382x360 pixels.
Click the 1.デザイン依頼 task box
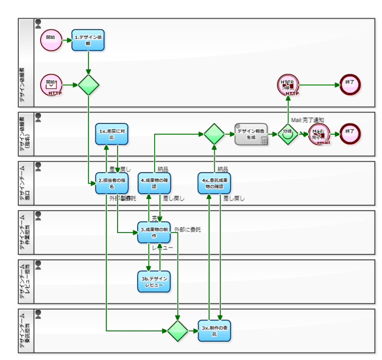pyautogui.click(x=88, y=40)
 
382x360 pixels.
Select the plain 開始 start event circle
pyautogui.click(x=51, y=39)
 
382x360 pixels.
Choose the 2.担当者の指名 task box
pyautogui.click(x=111, y=183)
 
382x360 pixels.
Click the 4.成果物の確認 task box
pyautogui.click(x=154, y=183)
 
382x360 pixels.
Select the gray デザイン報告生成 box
pyautogui.click(x=251, y=134)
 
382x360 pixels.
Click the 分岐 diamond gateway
pyautogui.click(x=287, y=134)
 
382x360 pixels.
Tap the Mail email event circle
pyautogui.click(x=319, y=134)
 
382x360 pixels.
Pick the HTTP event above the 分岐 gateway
pyautogui.click(x=288, y=85)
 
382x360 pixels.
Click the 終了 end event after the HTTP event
pyautogui.click(x=349, y=85)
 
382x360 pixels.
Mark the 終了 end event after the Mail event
pyautogui.click(x=349, y=134)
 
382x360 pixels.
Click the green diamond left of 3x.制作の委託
pyautogui.click(x=178, y=330)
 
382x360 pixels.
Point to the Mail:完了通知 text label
pyautogui.click(x=307, y=120)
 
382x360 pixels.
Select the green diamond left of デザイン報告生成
pyautogui.click(x=214, y=134)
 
